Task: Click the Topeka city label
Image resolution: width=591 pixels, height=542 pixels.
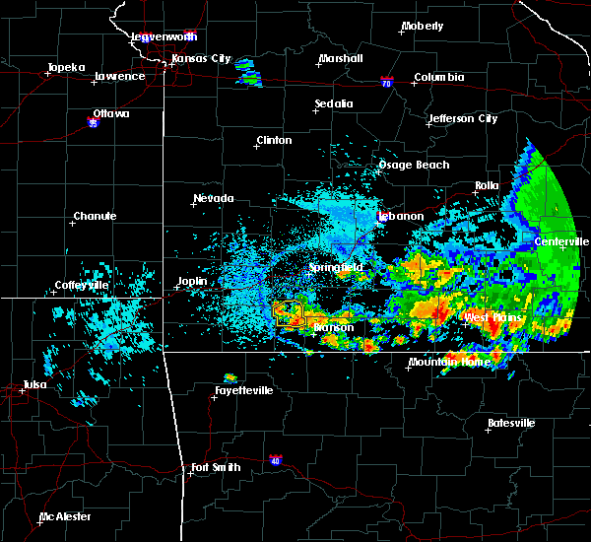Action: pos(67,69)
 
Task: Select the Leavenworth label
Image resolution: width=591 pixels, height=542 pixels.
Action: pos(164,36)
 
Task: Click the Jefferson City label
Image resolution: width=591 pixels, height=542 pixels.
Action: pos(462,119)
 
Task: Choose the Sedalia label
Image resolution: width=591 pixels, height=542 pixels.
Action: pos(334,103)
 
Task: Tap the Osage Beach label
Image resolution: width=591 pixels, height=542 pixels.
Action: pos(414,165)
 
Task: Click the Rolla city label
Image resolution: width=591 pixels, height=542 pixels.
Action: pos(487,185)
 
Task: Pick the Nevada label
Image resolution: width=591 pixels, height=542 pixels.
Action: pos(214,199)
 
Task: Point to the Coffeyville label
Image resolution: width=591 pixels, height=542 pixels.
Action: pos(82,286)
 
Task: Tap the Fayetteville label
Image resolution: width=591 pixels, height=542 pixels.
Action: pos(243,391)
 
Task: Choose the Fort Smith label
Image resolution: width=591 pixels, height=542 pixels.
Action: pos(216,467)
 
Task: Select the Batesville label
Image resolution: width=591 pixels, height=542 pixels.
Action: pos(511,424)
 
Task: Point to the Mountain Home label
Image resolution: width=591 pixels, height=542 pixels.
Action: pos(449,363)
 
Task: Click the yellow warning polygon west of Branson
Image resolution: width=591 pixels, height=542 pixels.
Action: pos(289,313)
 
